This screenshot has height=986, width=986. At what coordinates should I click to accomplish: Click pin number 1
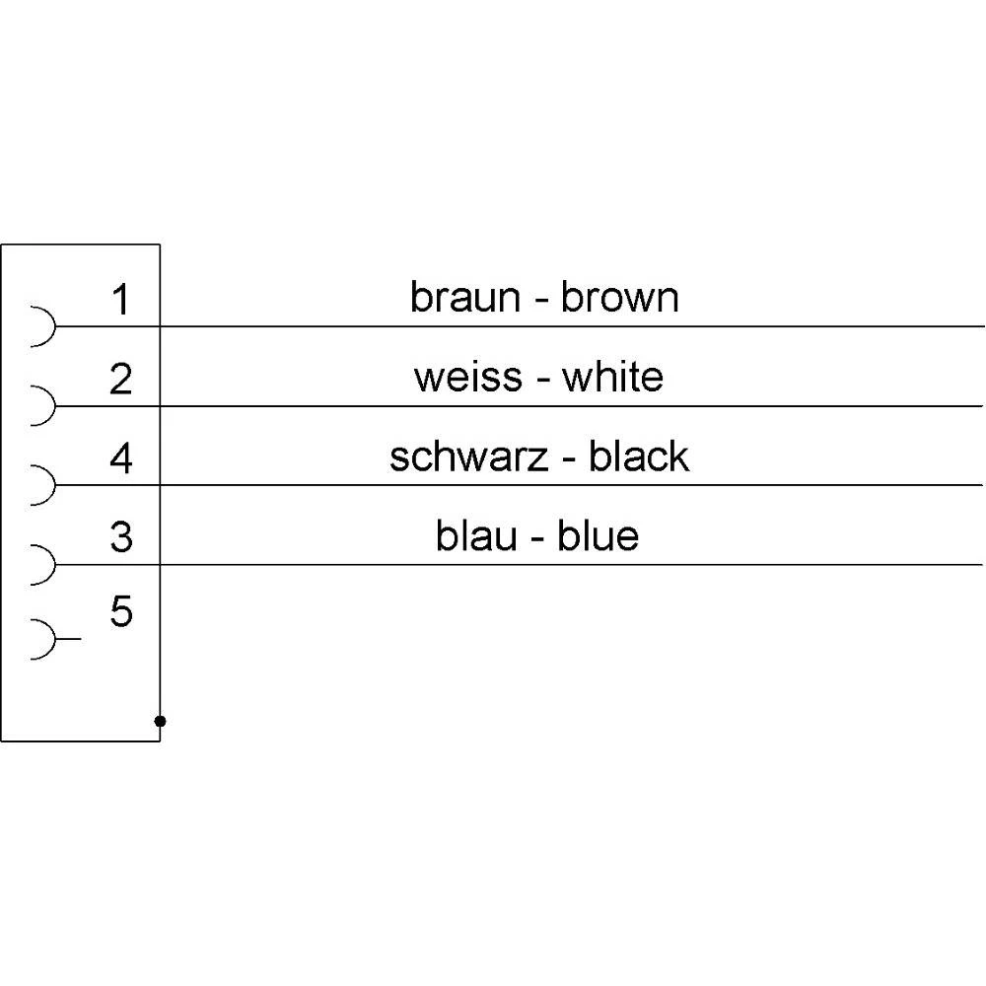coord(120,300)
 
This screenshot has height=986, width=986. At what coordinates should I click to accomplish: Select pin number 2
coord(120,379)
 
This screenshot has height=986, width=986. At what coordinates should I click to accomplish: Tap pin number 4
coord(120,458)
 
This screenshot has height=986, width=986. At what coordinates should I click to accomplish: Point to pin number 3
coord(120,537)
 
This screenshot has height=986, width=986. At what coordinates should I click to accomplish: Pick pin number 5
coord(120,611)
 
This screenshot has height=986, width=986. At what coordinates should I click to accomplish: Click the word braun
coord(465,297)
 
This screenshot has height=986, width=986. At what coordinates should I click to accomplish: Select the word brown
coord(620,297)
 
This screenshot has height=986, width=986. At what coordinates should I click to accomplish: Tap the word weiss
coord(467,378)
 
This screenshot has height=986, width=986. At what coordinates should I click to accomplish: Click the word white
coord(612,377)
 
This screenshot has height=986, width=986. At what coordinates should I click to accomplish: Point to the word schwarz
coord(468,457)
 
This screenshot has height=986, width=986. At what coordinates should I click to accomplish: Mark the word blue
coord(599,535)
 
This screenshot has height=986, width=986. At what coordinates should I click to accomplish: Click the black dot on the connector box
coord(160,721)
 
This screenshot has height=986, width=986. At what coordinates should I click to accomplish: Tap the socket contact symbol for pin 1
coord(54,326)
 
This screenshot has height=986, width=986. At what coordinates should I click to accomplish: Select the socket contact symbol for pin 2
coord(54,405)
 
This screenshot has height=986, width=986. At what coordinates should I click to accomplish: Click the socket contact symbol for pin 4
coord(54,485)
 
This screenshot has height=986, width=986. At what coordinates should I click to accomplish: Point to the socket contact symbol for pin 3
coord(54,564)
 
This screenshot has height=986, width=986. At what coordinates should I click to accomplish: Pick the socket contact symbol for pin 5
coord(54,639)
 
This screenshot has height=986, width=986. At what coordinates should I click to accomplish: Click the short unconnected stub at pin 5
coord(68,639)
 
